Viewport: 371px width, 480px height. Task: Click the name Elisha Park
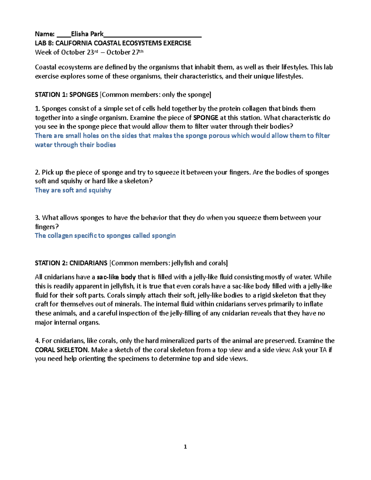click(87, 34)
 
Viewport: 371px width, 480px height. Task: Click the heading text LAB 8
click(44, 43)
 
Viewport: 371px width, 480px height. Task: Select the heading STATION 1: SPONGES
click(66, 95)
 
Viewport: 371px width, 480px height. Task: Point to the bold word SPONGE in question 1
click(206, 118)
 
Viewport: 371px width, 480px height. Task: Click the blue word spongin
click(164, 236)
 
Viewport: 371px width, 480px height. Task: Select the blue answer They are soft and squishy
click(73, 190)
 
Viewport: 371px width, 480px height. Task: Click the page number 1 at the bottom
click(185, 447)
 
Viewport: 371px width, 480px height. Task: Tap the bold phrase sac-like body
click(116, 277)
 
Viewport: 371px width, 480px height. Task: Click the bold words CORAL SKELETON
click(62, 350)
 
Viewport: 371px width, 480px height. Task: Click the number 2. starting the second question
click(37, 172)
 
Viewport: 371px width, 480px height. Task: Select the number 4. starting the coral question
click(37, 341)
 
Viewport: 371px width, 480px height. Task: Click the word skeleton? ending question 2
click(138, 181)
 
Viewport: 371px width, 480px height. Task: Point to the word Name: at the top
click(45, 34)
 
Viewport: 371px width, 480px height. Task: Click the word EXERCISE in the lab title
click(177, 43)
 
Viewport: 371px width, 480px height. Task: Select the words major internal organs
click(67, 322)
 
